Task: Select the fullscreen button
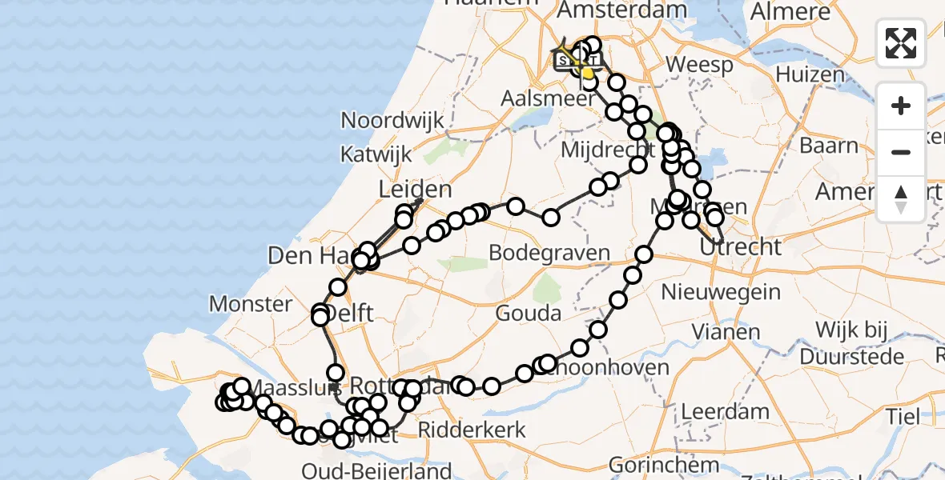point(901,43)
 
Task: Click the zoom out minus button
point(901,152)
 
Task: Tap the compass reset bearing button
point(901,198)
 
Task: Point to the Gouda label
point(529,313)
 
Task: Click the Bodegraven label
point(549,254)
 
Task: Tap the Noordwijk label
point(392,121)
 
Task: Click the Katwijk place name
point(376,153)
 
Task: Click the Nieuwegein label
point(721,292)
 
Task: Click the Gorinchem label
point(653,465)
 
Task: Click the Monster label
point(251,304)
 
